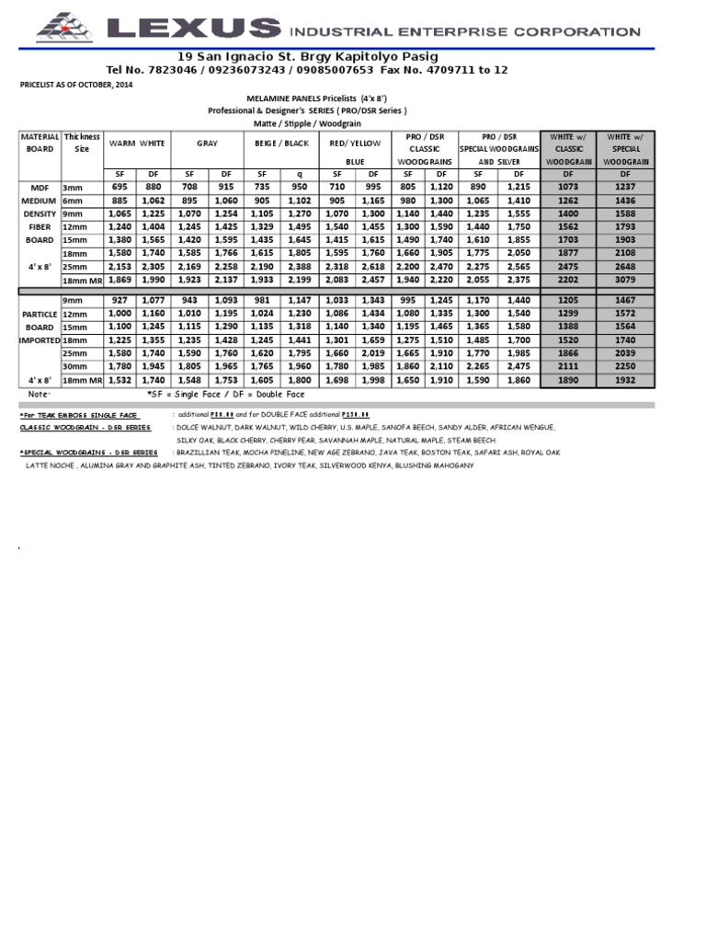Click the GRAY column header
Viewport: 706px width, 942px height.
pos(206,144)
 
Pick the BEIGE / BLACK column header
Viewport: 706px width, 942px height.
pos(281,144)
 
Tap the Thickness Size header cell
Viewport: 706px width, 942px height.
pos(82,143)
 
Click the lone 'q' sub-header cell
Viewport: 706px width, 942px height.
pos(299,173)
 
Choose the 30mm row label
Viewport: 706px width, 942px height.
pos(74,365)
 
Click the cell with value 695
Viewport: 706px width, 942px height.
pos(119,187)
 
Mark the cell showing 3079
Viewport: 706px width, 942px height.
pos(625,280)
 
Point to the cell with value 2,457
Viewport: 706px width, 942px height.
pos(373,280)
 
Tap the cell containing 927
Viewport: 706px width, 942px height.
pos(119,300)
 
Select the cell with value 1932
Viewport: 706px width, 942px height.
pos(625,379)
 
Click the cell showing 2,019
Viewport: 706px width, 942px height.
pos(373,352)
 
